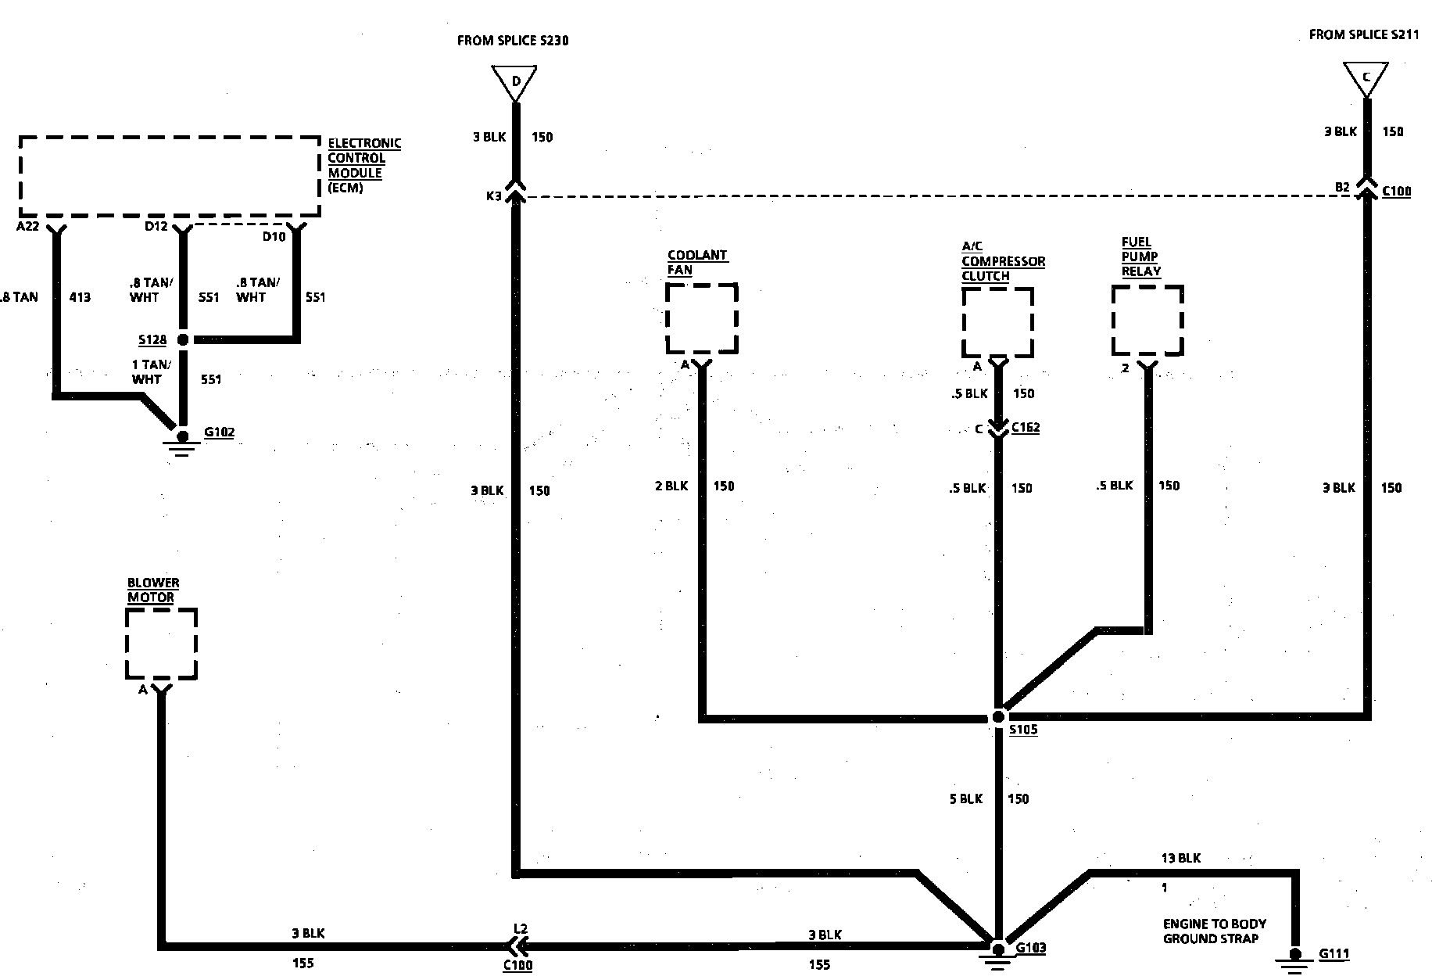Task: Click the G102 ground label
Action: click(x=219, y=432)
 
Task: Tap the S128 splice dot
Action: click(x=183, y=339)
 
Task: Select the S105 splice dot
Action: click(x=998, y=716)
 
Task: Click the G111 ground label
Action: click(x=1334, y=954)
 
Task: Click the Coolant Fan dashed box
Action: click(x=701, y=319)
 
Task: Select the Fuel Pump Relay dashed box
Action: click(x=1147, y=321)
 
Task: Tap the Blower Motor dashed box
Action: click(x=161, y=644)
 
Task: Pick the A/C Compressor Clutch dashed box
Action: click(x=997, y=322)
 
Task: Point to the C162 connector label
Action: click(x=1026, y=428)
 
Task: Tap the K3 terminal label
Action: click(x=494, y=196)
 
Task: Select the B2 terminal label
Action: click(x=1342, y=188)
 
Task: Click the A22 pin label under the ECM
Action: click(x=28, y=227)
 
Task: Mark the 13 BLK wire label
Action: click(x=1180, y=858)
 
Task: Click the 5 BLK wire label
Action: click(x=965, y=798)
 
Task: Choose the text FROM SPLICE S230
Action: click(x=513, y=40)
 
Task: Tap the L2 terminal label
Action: click(x=521, y=928)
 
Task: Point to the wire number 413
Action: click(x=80, y=297)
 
